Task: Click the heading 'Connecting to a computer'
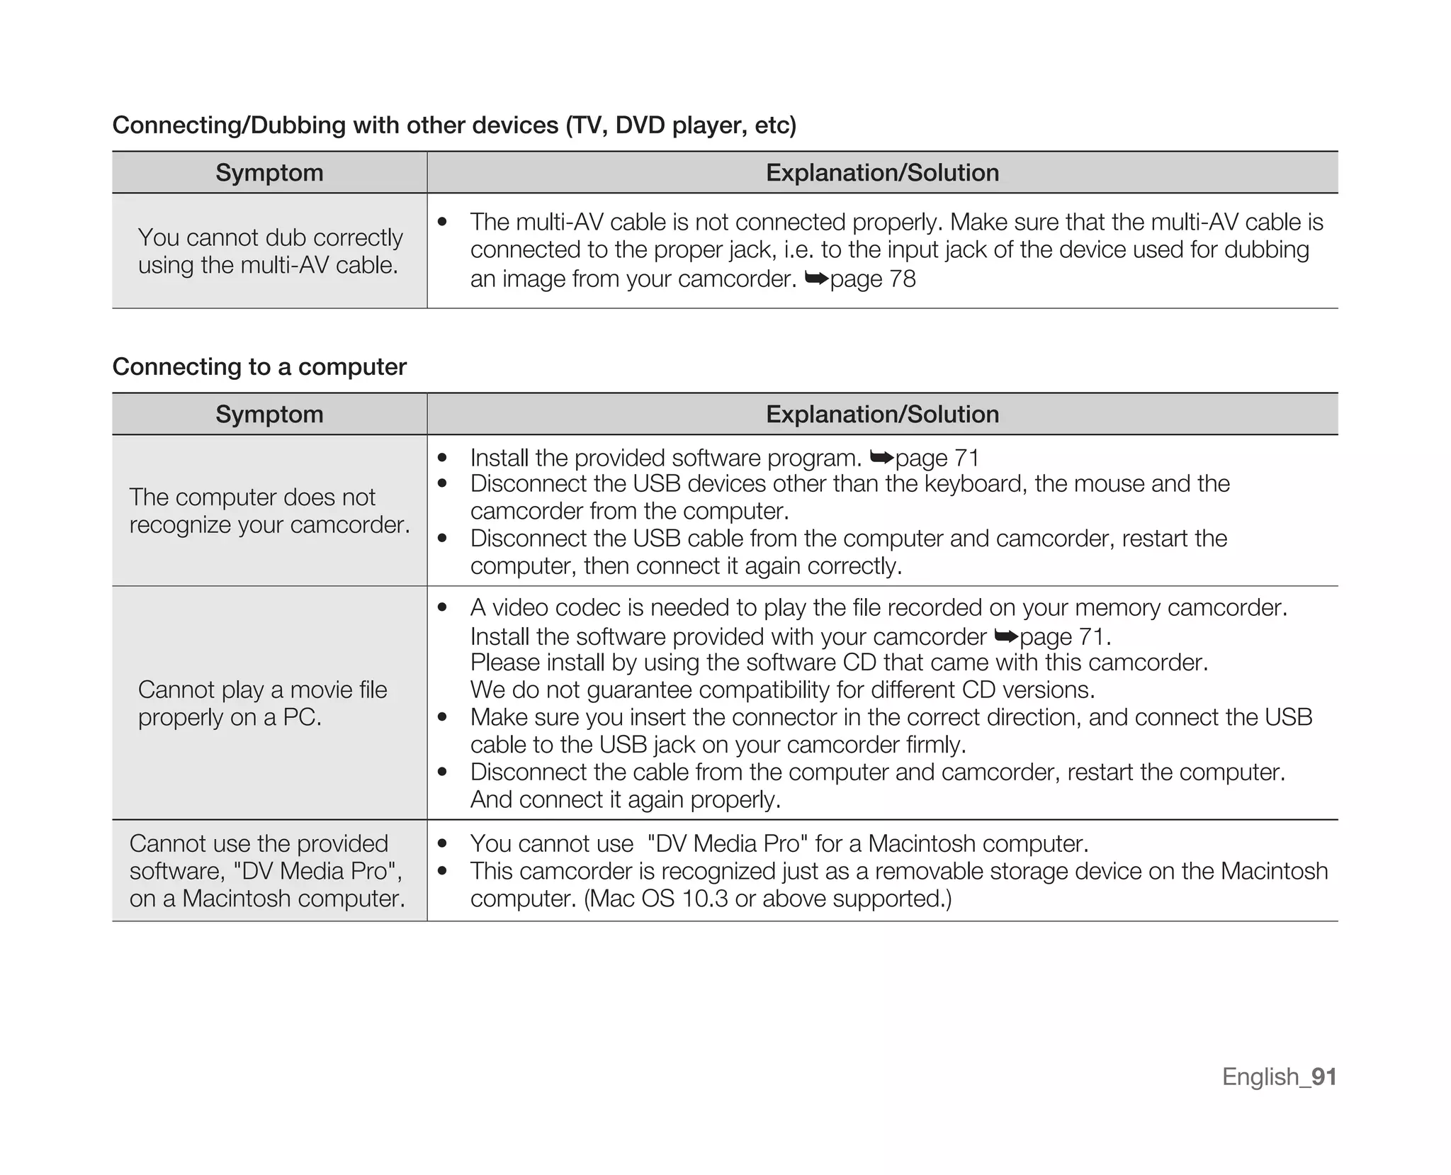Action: coord(259,367)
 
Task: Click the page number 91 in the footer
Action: coord(1323,1076)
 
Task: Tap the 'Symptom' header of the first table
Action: coord(269,173)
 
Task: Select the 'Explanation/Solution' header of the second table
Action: coord(882,415)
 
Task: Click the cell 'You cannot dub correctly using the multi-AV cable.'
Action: coord(269,251)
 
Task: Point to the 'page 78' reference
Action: coord(873,279)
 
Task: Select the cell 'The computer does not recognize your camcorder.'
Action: coord(269,511)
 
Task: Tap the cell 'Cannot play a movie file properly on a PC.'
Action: coord(262,703)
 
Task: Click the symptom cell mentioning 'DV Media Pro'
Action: coord(268,871)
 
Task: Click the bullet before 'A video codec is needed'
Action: coord(443,608)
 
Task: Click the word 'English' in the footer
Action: coord(1260,1076)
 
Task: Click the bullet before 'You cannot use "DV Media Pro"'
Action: coord(443,844)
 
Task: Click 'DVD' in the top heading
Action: coord(640,125)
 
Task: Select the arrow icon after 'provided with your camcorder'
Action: coord(1006,636)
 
